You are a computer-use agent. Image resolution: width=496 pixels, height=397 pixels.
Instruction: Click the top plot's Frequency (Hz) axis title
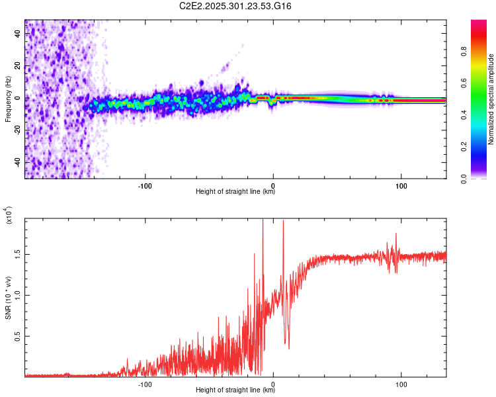click(8, 99)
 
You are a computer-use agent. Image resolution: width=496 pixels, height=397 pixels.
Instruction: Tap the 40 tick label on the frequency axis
click(19, 34)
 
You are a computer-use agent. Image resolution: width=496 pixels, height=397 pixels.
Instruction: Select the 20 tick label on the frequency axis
click(19, 66)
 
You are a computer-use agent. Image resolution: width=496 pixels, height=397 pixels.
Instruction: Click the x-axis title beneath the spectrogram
click(236, 192)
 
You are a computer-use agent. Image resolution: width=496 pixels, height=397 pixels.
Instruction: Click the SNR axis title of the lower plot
click(8, 298)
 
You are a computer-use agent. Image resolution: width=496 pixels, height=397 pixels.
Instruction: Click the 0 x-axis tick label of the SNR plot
click(273, 383)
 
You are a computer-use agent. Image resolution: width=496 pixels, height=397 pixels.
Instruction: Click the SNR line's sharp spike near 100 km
click(396, 234)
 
